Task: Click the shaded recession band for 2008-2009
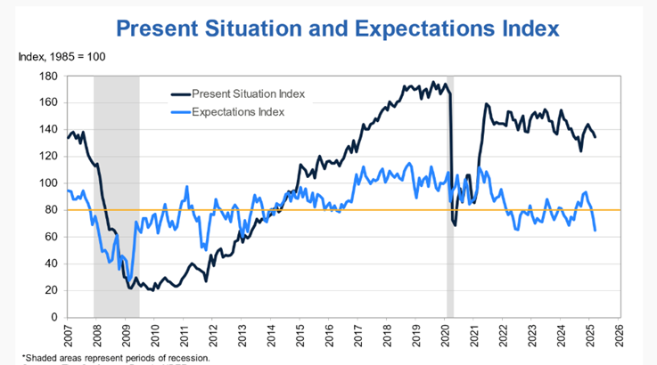(117, 196)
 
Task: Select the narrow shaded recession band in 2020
(450, 196)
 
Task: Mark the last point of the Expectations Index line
(595, 231)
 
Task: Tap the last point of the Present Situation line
(595, 135)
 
